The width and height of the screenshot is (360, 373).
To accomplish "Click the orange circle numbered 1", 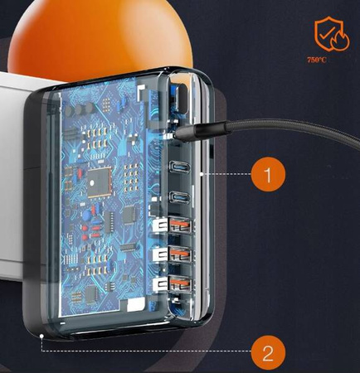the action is [x=268, y=174].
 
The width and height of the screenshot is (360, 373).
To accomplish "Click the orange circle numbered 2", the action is [x=268, y=352].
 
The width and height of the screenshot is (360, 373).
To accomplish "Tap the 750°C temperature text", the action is [x=317, y=60].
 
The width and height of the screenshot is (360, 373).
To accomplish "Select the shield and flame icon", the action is [x=332, y=34].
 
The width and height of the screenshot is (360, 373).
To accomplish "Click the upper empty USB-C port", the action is [x=180, y=167].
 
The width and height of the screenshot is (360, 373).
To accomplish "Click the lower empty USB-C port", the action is [x=180, y=197].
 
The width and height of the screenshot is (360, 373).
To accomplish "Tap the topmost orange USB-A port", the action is [x=180, y=225].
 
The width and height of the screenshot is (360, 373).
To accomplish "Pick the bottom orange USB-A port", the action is [x=180, y=283].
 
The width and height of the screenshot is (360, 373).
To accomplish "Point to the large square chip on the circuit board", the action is [x=100, y=182].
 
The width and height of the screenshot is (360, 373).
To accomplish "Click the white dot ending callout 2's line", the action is [x=41, y=336].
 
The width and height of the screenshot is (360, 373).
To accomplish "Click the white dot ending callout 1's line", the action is [x=202, y=174].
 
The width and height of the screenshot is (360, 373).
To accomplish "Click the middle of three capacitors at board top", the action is [x=80, y=109].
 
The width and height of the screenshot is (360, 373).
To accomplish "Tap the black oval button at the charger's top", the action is [x=182, y=99].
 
